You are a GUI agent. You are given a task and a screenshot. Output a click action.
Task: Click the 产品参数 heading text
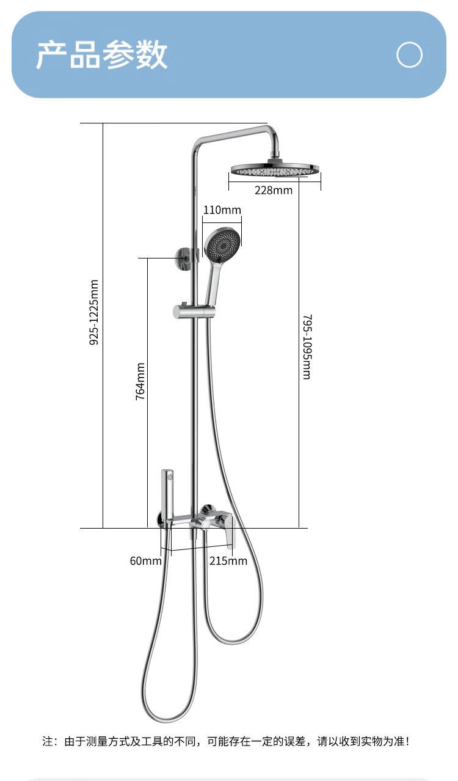coord(101,56)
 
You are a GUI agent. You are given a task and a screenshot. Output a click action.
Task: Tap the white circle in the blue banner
coord(409,55)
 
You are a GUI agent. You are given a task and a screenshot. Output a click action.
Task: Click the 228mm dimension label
coord(273,190)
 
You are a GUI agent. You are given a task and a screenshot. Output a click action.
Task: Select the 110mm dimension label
coord(222,210)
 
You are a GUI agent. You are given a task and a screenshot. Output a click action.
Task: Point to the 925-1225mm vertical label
coord(94,312)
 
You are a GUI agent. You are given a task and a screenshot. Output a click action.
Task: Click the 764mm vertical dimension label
coord(140,381)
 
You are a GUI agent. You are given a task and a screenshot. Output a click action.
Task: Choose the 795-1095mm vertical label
coord(307,346)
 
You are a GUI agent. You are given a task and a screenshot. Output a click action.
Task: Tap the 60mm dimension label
coord(145,560)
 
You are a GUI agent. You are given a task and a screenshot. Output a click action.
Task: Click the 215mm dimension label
coord(228,560)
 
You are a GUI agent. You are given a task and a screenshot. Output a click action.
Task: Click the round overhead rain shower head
coord(274,169)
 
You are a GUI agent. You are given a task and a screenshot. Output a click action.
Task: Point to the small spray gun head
coord(168,475)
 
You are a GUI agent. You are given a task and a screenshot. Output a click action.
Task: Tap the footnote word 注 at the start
coord(47,741)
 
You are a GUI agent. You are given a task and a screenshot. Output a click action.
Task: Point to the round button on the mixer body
coord(206,524)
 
